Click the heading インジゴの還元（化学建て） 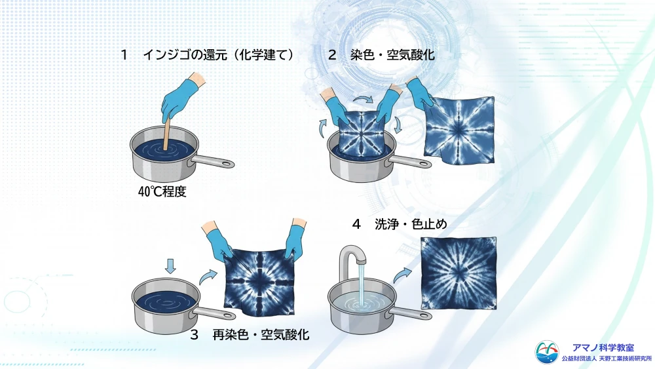[219, 55]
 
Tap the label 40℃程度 [162, 192]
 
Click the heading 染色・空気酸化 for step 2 [392, 55]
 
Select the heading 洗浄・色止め [411, 224]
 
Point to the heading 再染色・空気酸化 [261, 334]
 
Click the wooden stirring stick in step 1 [166, 133]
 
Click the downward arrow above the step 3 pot [170, 266]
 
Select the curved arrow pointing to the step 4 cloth [402, 275]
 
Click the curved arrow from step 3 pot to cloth [208, 277]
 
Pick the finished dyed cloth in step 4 [458, 273]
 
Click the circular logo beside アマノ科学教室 [546, 352]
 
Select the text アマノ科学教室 [603, 347]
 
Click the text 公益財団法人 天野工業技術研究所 [607, 359]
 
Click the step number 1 [124, 55]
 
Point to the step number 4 [356, 224]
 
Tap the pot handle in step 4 [411, 313]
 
